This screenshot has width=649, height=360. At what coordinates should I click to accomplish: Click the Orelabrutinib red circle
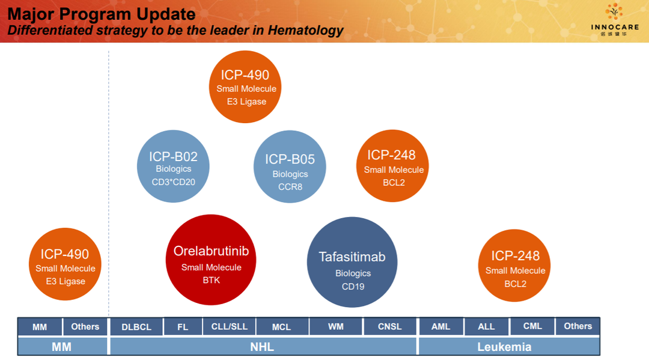point(211,260)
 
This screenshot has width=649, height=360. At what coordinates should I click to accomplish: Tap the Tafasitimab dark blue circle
point(352,263)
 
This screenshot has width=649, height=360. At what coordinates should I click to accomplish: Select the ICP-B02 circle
point(173,166)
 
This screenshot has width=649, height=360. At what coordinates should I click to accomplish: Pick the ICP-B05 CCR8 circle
point(290,166)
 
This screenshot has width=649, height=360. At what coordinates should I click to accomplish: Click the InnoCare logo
point(615,19)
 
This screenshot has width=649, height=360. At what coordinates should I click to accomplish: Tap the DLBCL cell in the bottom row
point(136,327)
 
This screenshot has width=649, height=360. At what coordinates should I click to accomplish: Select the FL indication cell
point(183,327)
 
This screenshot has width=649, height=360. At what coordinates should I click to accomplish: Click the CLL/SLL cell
point(230,326)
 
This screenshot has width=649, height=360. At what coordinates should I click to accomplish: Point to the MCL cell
point(281,327)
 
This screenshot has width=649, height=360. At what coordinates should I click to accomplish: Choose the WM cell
point(336,326)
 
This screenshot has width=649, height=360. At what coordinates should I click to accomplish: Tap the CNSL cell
point(389,326)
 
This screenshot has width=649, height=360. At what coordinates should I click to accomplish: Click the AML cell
point(441,326)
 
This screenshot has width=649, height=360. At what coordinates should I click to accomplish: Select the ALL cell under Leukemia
point(486,326)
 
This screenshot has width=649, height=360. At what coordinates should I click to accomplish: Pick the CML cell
point(532,326)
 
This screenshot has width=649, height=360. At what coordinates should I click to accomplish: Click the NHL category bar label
point(262,347)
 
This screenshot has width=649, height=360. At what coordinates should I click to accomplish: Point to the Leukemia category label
point(504,347)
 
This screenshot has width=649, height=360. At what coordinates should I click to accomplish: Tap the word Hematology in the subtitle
point(305,30)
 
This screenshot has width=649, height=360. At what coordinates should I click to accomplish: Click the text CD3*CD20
point(174,182)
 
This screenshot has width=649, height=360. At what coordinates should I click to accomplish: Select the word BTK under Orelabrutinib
point(211,280)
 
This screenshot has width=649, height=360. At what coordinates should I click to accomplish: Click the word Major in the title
point(31,14)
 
